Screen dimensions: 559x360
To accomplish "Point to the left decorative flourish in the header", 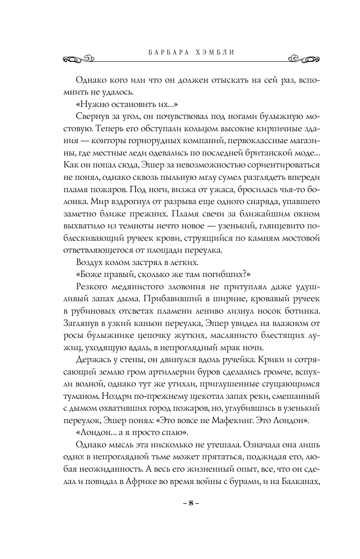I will (x=77, y=58).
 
